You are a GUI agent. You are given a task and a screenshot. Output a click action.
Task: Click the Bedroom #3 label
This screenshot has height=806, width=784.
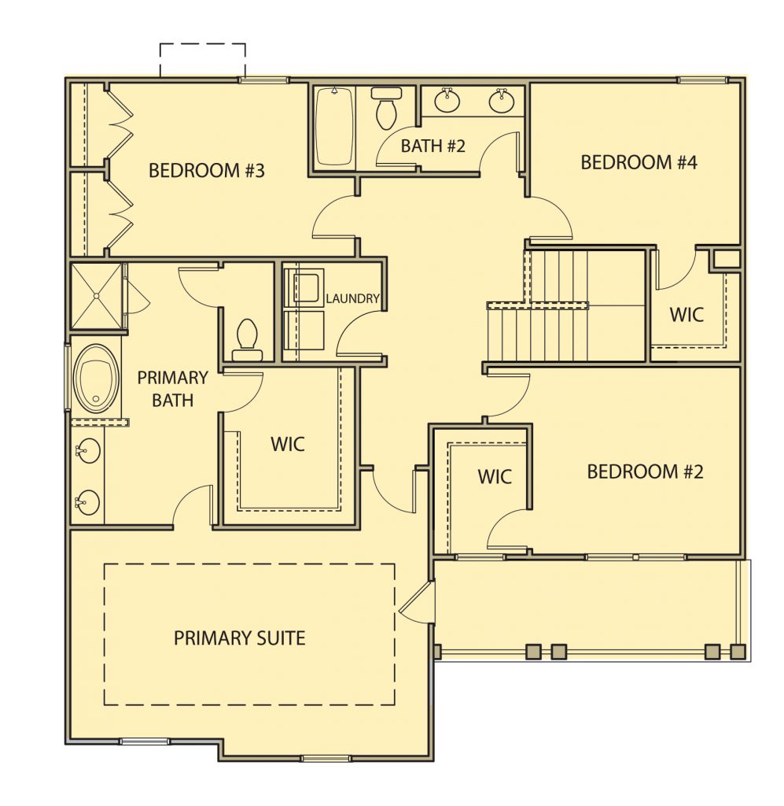[206, 170]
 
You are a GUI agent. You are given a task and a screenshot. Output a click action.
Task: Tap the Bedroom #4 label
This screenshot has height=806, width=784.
[639, 162]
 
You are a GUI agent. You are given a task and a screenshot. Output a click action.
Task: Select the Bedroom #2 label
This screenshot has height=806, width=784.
[645, 471]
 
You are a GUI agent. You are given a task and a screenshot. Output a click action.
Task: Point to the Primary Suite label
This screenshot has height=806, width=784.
[239, 638]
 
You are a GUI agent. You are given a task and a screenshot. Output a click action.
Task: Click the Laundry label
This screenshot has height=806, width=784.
[353, 298]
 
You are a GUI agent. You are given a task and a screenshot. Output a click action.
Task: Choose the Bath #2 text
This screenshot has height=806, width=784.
[432, 146]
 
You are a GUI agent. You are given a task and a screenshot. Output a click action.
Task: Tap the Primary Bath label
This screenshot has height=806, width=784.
[172, 389]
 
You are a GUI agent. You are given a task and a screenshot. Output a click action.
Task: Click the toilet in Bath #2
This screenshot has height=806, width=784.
[386, 108]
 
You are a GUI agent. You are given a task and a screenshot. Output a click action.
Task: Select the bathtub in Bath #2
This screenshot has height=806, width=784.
[333, 127]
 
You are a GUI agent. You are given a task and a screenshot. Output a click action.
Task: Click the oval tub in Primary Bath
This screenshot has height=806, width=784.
[97, 379]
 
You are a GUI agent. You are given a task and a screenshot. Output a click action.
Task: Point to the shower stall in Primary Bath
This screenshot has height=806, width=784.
[97, 296]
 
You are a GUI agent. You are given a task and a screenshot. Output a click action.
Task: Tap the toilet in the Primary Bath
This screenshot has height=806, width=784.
[247, 339]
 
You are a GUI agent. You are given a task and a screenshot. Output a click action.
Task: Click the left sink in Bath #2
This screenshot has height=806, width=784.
[447, 100]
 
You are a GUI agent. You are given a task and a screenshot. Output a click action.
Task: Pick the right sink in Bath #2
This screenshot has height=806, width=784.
[501, 100]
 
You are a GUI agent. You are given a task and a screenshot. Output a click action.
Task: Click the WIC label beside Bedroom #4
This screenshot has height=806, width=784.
[686, 315]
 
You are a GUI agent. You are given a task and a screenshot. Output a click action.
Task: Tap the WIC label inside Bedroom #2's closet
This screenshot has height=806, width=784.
[495, 476]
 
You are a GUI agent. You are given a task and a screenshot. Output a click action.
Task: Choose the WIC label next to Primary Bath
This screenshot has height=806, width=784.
[288, 444]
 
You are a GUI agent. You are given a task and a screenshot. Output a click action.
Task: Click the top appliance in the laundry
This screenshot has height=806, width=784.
[304, 287]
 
